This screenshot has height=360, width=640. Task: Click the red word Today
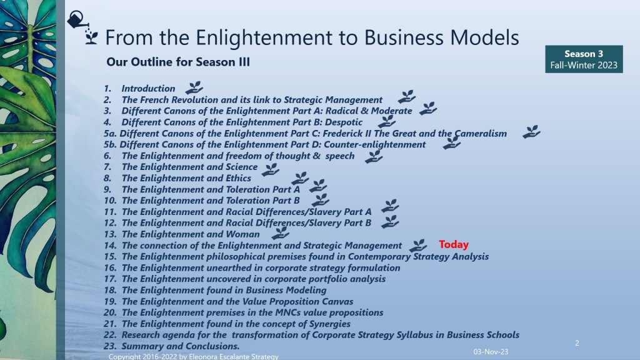click(x=454, y=244)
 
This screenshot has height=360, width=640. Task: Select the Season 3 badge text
click(x=583, y=54)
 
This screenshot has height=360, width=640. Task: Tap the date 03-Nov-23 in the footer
click(x=491, y=351)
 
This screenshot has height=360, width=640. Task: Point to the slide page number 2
click(x=577, y=343)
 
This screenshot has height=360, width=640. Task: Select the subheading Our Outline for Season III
click(x=178, y=62)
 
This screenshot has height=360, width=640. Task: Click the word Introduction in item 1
click(x=148, y=89)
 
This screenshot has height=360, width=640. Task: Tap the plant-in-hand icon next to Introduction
click(x=194, y=87)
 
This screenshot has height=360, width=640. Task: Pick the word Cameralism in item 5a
click(x=481, y=134)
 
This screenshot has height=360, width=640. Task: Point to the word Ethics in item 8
click(x=238, y=178)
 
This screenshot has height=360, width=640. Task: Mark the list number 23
click(x=110, y=346)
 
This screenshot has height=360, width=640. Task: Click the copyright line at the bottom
click(x=194, y=356)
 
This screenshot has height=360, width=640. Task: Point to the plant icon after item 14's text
click(x=418, y=245)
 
